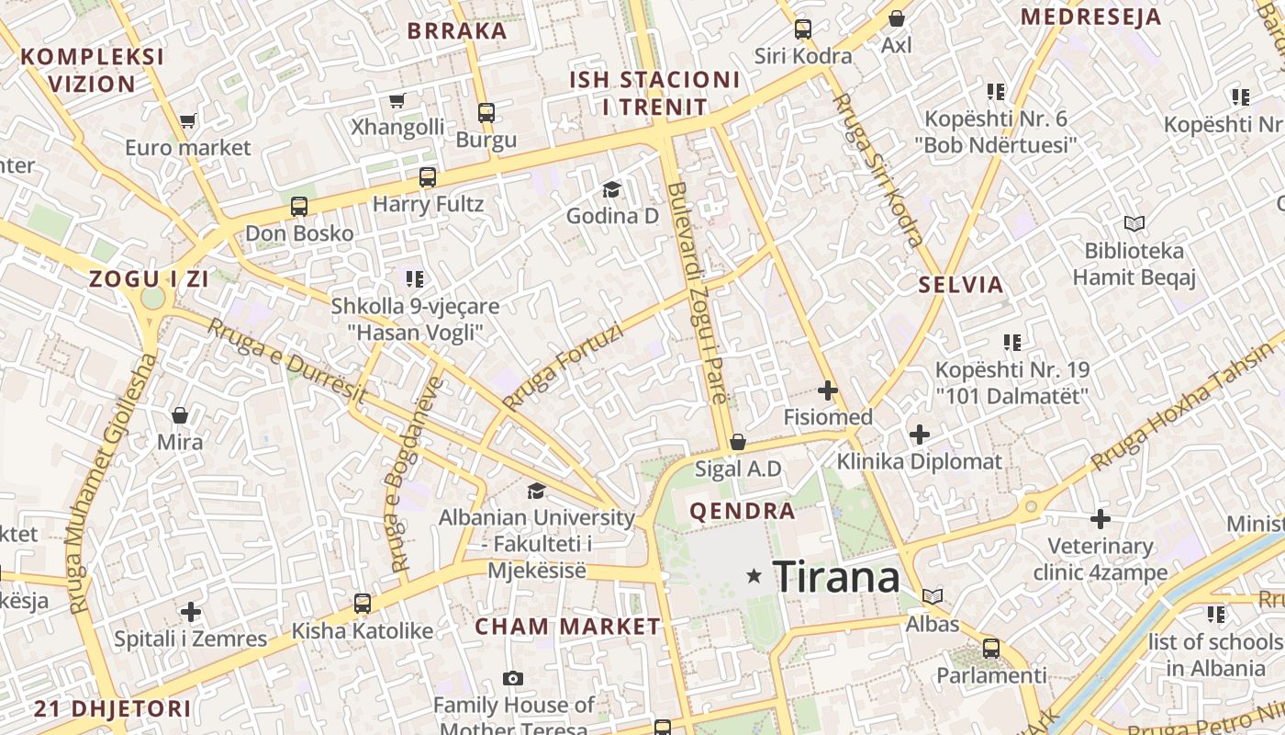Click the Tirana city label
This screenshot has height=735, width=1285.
(x=836, y=577)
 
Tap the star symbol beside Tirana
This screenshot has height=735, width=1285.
(x=754, y=576)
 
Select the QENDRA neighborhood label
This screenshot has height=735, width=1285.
(x=743, y=512)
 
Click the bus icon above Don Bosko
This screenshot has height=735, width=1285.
(x=299, y=207)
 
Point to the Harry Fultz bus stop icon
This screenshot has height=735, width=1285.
(x=428, y=177)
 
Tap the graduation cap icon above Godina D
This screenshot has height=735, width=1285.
(x=611, y=190)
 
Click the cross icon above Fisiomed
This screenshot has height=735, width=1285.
(x=828, y=390)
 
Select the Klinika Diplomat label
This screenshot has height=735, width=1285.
(x=919, y=461)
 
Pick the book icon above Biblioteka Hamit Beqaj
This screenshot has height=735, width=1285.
(x=1134, y=223)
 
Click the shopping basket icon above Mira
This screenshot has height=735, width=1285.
(x=180, y=415)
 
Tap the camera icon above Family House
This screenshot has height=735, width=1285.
(x=513, y=679)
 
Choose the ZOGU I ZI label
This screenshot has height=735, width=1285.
(x=149, y=280)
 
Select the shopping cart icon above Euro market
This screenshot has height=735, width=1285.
(x=188, y=120)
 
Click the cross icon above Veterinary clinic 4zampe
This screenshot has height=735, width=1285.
(x=1101, y=519)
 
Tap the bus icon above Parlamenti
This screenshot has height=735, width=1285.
(x=991, y=648)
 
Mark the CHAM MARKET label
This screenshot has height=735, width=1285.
(x=567, y=628)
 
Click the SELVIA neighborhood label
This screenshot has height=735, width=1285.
(x=961, y=285)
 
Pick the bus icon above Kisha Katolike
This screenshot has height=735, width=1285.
(x=363, y=604)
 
